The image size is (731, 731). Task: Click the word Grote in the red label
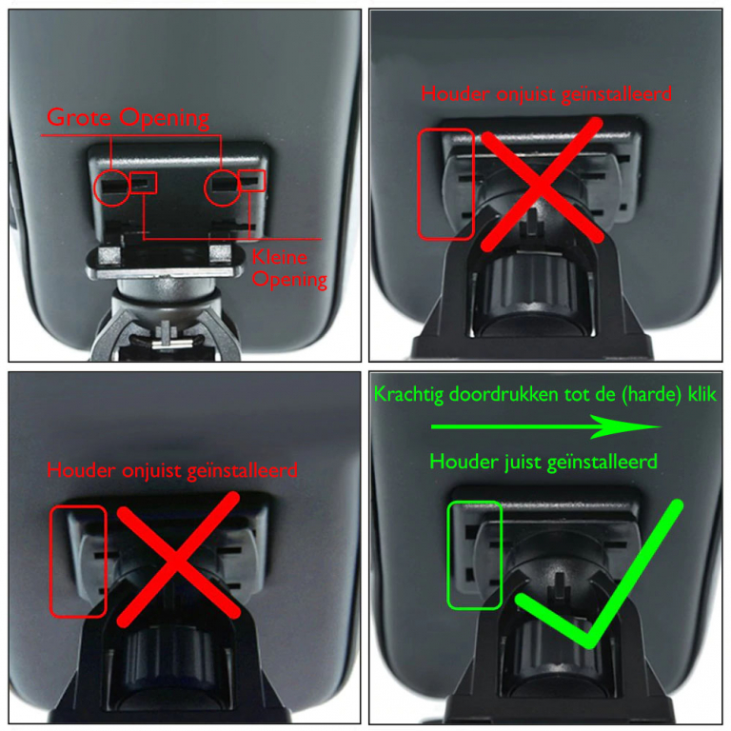click(79, 117)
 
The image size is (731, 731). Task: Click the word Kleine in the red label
click(279, 257)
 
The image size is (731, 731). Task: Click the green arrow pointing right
click(546, 426)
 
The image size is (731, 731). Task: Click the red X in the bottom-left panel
click(178, 559)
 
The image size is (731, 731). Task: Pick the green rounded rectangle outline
click(448, 555)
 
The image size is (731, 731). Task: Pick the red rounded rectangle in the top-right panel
click(419, 185)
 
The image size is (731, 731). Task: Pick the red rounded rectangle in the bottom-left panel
click(50, 562)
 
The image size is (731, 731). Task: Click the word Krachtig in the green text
click(409, 395)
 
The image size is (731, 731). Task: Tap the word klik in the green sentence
click(702, 394)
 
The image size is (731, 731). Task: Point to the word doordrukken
click(504, 394)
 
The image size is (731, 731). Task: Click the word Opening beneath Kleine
click(289, 280)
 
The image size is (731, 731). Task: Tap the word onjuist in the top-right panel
click(525, 94)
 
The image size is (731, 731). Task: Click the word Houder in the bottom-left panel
click(81, 470)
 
